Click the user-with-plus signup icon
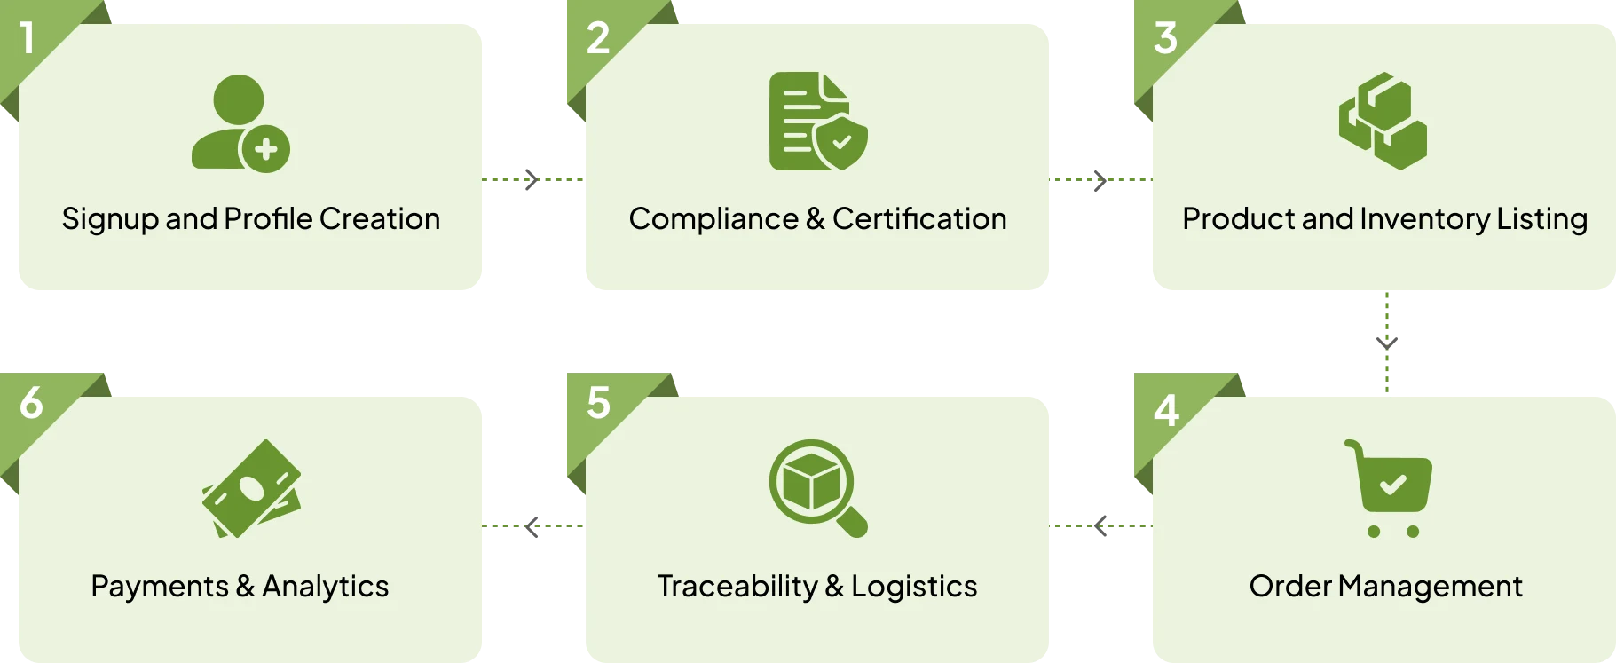[x=240, y=122]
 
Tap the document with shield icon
[x=818, y=122]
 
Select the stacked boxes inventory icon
[x=1383, y=122]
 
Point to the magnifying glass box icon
[x=818, y=488]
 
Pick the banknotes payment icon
[x=251, y=489]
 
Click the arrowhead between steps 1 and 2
[x=532, y=179]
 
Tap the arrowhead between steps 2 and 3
[x=1100, y=180]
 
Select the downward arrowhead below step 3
[x=1387, y=343]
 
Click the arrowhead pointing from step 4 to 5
[x=1100, y=525]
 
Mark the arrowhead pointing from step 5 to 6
[x=532, y=526]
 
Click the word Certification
[x=919, y=218]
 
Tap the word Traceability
[x=737, y=586]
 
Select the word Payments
[x=160, y=586]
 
